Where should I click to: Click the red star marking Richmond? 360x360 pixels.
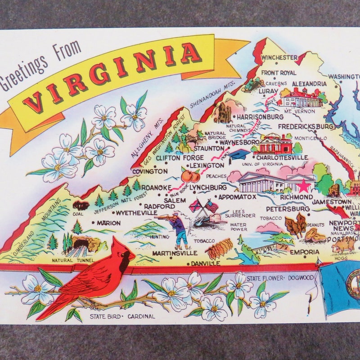pos(304,185)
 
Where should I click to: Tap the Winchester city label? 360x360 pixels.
pos(279,58)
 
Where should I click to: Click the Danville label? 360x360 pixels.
pos(206,263)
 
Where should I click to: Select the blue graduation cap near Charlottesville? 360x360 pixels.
pos(240,154)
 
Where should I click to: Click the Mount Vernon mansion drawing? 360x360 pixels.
pos(302,97)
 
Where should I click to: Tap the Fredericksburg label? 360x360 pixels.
pos(306,127)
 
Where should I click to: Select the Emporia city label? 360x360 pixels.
pos(305,252)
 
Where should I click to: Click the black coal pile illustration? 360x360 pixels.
pos(81,206)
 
